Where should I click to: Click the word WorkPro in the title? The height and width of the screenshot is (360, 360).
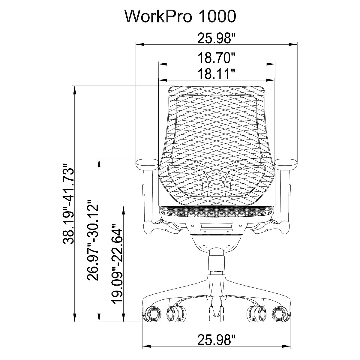click(x=159, y=16)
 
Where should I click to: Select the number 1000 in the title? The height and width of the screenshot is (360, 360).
click(x=217, y=16)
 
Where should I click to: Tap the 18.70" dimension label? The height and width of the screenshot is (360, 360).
click(x=216, y=58)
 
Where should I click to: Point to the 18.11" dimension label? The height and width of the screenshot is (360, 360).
click(x=216, y=74)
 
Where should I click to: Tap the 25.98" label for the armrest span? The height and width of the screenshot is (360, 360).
click(x=216, y=38)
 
